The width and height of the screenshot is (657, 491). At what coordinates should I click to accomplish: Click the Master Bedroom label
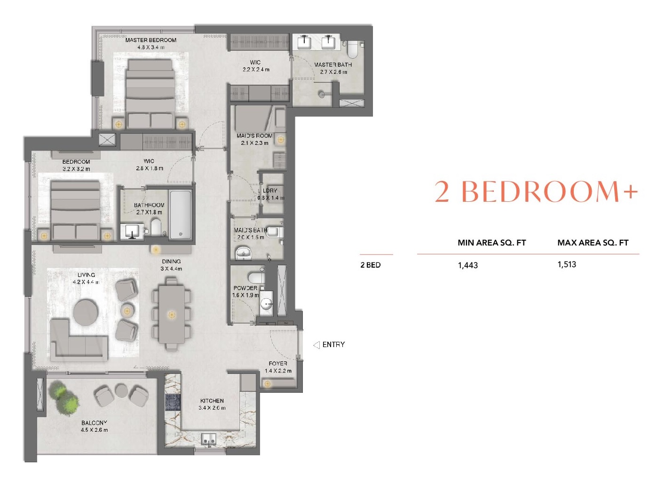click(x=150, y=40)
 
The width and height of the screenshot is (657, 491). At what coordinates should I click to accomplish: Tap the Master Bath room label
click(x=333, y=65)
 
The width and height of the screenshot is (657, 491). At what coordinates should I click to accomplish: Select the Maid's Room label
click(x=254, y=136)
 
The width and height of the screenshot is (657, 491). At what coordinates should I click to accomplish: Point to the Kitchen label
click(x=212, y=401)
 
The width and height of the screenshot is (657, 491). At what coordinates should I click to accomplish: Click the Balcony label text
click(x=94, y=423)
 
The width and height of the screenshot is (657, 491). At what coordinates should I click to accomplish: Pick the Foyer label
click(x=278, y=364)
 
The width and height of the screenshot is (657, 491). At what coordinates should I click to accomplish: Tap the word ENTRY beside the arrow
click(x=333, y=345)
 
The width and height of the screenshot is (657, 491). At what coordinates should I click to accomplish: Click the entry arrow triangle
click(x=317, y=345)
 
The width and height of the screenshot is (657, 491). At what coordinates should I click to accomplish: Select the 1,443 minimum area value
click(x=467, y=265)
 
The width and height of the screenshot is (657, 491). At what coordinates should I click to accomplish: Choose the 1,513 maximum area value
click(x=567, y=264)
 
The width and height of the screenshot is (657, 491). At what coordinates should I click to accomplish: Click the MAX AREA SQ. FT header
click(x=593, y=243)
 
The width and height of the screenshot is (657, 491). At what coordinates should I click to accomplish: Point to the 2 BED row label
click(x=370, y=265)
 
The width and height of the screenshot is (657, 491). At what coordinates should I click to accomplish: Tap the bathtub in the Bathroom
click(x=181, y=214)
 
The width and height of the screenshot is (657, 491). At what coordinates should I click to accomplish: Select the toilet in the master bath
click(x=353, y=49)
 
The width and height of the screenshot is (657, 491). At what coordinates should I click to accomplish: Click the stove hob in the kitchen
click(x=173, y=403)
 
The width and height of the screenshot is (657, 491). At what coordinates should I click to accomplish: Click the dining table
click(x=172, y=314)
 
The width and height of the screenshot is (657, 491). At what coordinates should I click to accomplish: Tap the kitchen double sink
click(x=209, y=439)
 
